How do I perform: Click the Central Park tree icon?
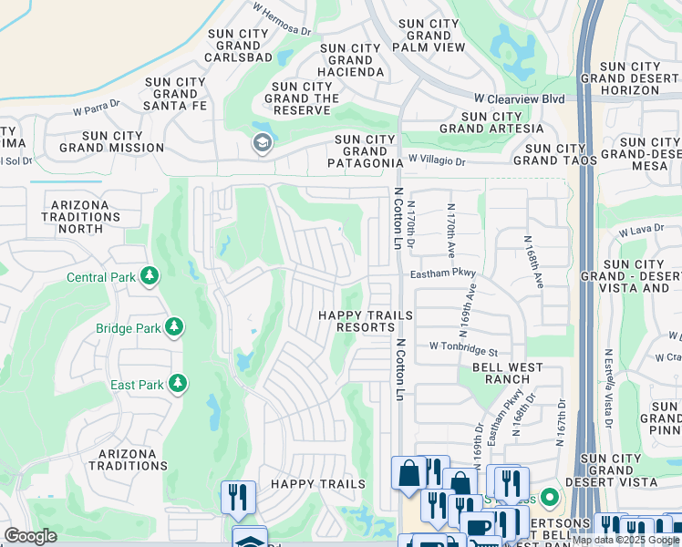tap(149, 275)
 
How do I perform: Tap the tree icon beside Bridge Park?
tap(172, 326)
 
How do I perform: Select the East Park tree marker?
tap(180, 384)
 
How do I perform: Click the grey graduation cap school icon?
tap(262, 143)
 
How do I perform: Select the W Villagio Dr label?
tap(437, 160)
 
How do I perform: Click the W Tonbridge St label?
tap(464, 350)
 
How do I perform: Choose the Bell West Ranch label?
tap(507, 374)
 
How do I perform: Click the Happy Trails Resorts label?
tap(365, 321)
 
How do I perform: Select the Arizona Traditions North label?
tap(87, 217)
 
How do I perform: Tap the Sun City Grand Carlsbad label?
tap(238, 46)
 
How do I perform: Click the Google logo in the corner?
tap(30, 536)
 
